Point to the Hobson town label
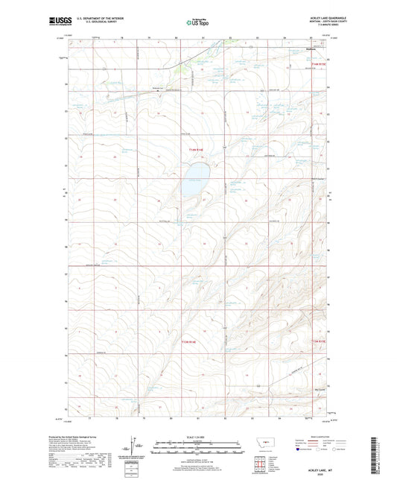tap(314, 51)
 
